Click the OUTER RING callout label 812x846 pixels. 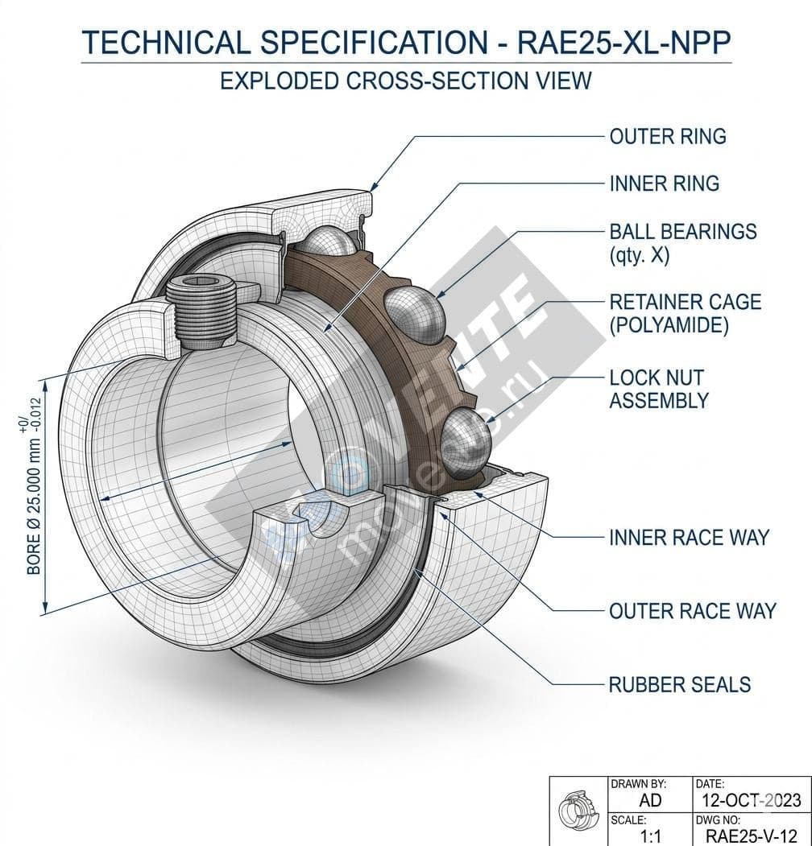click(x=668, y=136)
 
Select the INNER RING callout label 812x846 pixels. click(x=665, y=184)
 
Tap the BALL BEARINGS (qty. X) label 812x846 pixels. click(x=683, y=243)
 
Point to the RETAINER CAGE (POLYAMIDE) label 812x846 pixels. click(x=685, y=313)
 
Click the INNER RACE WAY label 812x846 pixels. click(x=689, y=537)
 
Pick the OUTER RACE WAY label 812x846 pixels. click(x=692, y=611)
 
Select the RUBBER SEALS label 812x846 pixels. click(x=680, y=684)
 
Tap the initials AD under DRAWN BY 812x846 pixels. click(x=649, y=799)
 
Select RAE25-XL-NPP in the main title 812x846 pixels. click(x=626, y=43)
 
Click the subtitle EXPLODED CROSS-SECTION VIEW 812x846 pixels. click(x=406, y=80)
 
